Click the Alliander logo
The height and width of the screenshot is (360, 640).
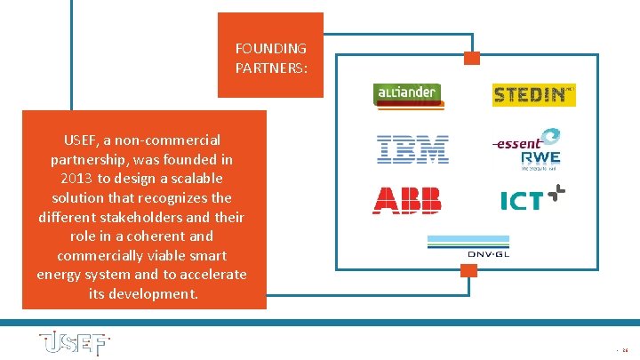coord(408,95)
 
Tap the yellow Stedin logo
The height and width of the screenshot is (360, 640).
coord(534,94)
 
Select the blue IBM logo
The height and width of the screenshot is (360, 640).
coord(412,148)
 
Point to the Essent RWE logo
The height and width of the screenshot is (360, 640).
coord(528,148)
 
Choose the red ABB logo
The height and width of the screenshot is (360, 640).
coord(407,200)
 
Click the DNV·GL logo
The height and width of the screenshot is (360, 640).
coord(470,247)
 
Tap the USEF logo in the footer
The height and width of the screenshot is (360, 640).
coord(74,343)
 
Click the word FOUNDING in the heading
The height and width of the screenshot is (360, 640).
coord(270,48)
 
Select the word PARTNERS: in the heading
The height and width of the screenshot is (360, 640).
coord(272,67)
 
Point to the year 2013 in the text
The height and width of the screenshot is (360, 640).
coord(71,179)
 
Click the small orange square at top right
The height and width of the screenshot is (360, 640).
coord(472,58)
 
